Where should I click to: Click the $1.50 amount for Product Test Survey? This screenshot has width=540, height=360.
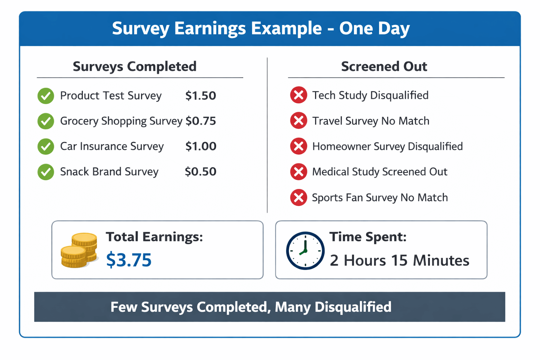[200, 96]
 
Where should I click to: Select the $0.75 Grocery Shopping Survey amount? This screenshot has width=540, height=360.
[201, 121]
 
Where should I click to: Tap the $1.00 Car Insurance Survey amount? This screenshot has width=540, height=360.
[201, 146]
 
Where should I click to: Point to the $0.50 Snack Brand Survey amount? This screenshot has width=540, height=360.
[200, 172]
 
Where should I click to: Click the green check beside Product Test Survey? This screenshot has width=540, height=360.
[46, 96]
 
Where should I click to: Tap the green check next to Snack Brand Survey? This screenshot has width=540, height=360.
[46, 172]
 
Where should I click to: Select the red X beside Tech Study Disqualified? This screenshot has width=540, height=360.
[298, 95]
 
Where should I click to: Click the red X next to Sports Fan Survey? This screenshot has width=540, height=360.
[298, 198]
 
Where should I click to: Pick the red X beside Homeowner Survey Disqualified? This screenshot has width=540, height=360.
[298, 146]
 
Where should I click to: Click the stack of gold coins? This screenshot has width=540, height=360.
[79, 250]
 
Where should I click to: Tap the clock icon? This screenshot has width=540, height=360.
[305, 251]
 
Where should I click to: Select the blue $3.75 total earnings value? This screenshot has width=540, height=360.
[129, 260]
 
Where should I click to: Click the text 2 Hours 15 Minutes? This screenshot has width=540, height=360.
[399, 261]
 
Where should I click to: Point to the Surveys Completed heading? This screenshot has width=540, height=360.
[135, 66]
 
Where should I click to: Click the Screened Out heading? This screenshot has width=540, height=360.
[384, 66]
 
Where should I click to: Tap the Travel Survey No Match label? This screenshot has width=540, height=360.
[371, 121]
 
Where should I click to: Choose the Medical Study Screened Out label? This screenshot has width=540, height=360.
[380, 172]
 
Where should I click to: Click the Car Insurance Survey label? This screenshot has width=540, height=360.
[112, 146]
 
